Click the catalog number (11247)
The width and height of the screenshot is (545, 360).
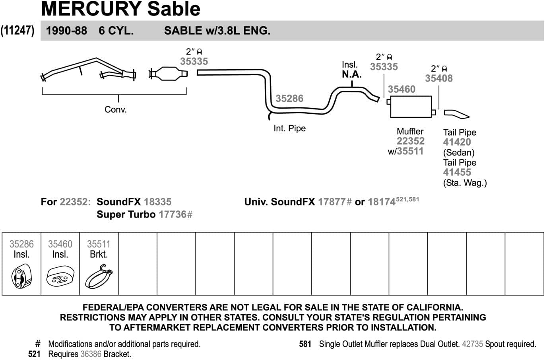pos(17,31)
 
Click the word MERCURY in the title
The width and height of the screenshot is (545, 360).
pos(91,9)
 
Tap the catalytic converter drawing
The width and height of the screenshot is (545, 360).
pos(169,73)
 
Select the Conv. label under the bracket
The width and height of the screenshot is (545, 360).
pos(116,109)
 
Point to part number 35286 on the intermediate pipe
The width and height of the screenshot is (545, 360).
pos(289,99)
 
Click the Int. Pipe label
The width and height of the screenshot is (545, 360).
pos(289,128)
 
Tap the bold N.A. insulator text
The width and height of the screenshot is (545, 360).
pos(351,74)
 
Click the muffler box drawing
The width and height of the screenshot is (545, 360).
pos(411,107)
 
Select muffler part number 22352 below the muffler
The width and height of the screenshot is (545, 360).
pos(411,141)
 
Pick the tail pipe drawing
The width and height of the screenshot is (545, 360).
pos(456,114)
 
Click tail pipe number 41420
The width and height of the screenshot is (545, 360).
pos(457,142)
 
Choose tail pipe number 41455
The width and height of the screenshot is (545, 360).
pos(457,172)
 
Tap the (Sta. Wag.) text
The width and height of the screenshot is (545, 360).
pos(465,183)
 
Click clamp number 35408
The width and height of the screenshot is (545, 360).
pos(439,78)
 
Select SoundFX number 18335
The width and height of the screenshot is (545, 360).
pos(158,202)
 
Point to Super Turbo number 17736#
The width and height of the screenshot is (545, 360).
pos(176,214)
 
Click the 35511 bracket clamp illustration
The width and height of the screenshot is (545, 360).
pos(99,276)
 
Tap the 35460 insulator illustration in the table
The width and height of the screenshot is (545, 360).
pos(60,277)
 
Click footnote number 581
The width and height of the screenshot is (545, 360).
pos(305,344)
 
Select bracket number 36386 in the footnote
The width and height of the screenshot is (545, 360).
pos(91,354)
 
